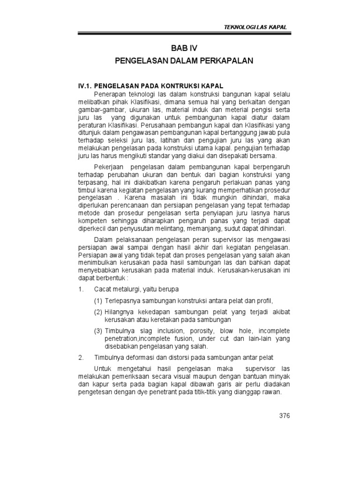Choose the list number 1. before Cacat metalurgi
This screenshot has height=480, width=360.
click(x=80, y=289)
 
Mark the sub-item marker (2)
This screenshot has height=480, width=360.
click(x=97, y=312)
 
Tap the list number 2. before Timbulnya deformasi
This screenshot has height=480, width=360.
click(x=80, y=358)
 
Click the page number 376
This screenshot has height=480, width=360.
click(x=285, y=415)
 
